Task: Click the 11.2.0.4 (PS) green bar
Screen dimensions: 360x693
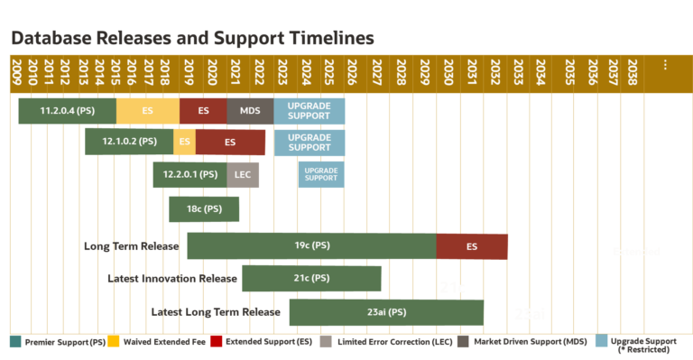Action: [68, 111]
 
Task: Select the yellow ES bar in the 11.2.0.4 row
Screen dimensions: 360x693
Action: [147, 111]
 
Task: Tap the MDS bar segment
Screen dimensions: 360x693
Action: [250, 111]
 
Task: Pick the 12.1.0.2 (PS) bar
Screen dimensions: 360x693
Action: [129, 142]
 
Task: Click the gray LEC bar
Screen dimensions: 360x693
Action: [243, 174]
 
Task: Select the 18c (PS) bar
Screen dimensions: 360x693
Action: [204, 208]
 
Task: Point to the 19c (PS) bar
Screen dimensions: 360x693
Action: [311, 245]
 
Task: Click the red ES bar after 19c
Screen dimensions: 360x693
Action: [472, 245]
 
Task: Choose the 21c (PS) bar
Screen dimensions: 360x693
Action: [311, 279]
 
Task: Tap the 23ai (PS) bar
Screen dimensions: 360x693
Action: [386, 312]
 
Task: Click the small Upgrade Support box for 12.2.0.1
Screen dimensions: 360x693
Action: [321, 174]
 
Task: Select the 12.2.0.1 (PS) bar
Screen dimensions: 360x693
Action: [189, 174]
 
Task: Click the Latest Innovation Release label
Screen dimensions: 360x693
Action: [171, 279]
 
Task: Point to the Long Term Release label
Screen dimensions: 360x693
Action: [131, 245]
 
